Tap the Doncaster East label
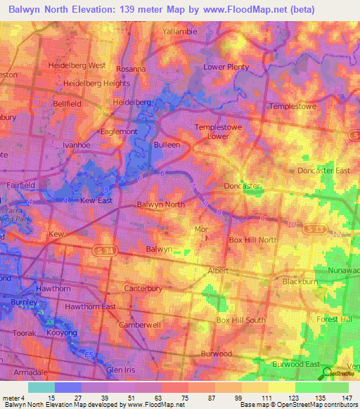click(322, 171)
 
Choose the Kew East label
click(97, 200)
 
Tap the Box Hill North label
click(253, 240)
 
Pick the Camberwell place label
click(140, 326)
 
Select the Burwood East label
click(296, 365)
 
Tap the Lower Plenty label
click(226, 67)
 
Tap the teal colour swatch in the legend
click(41, 387)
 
